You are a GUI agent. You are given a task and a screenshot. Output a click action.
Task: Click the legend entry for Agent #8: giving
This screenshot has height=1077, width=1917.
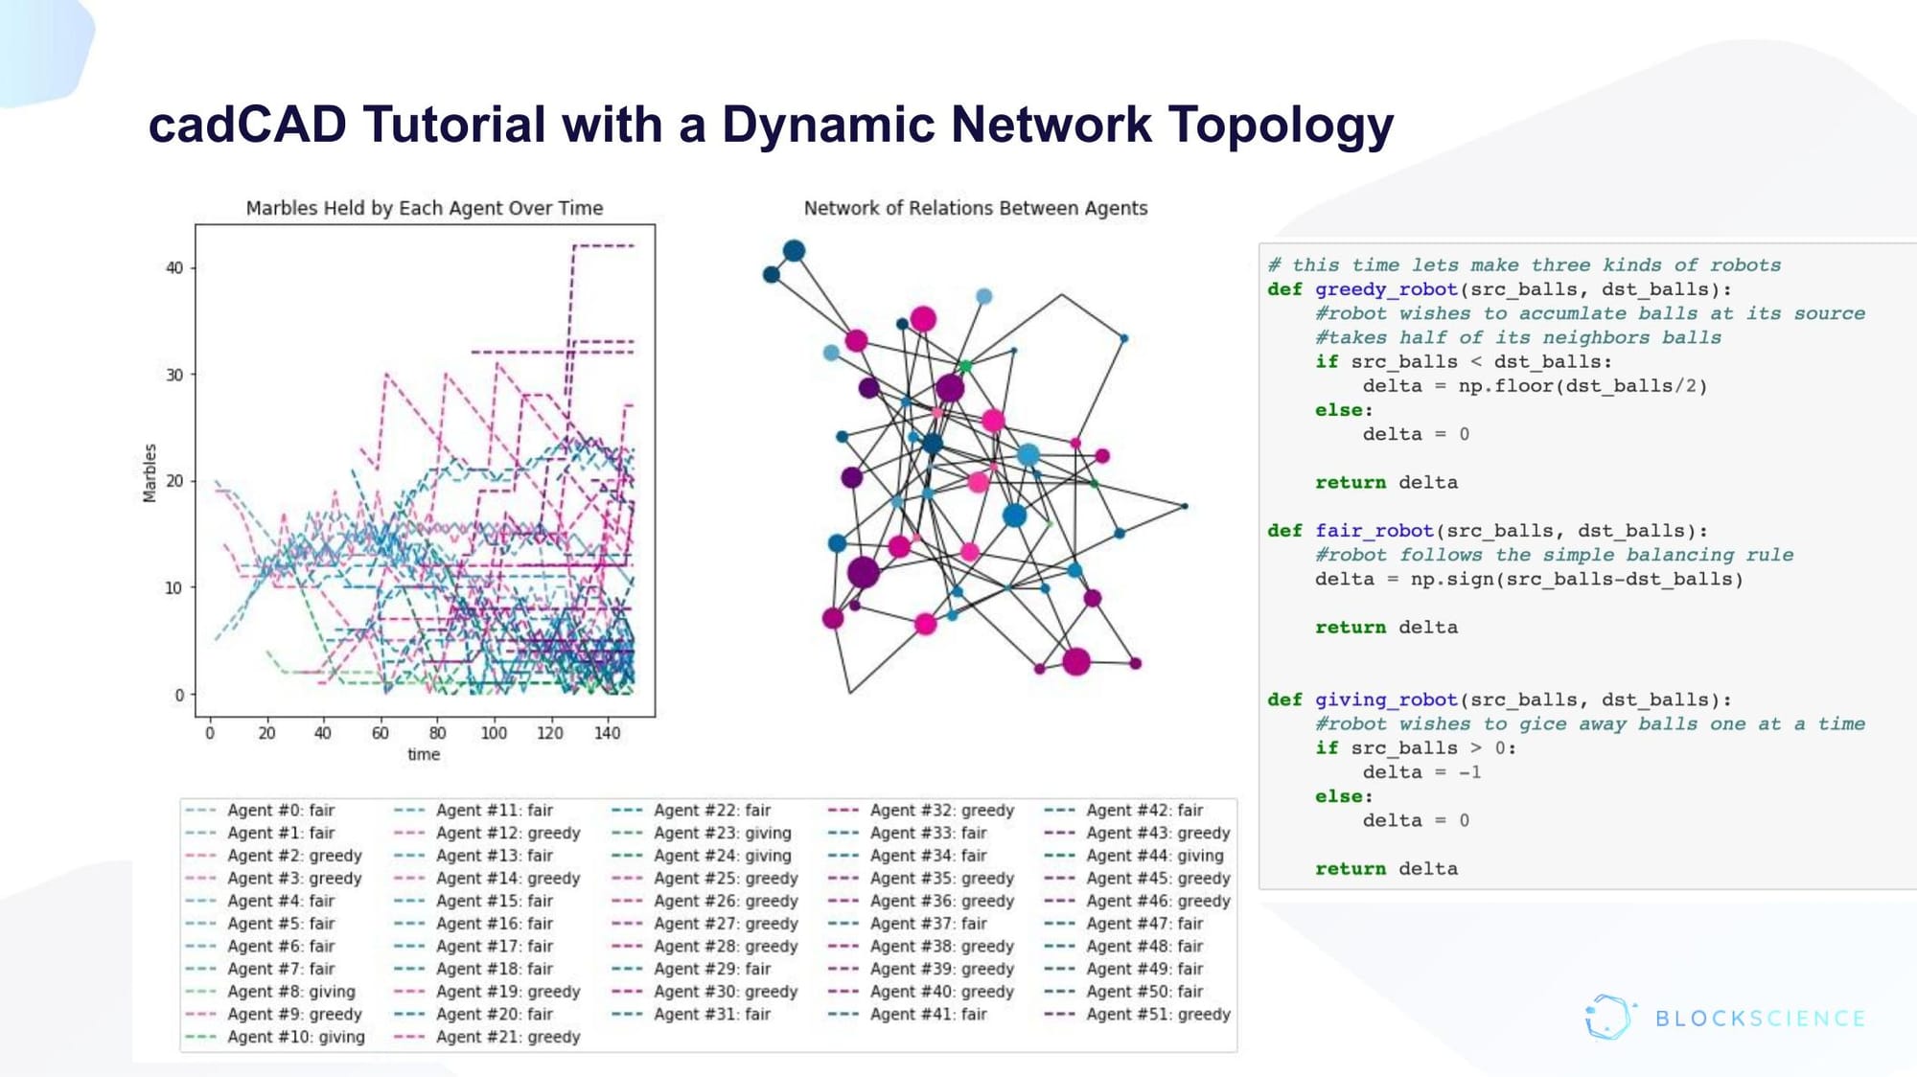pyautogui.click(x=290, y=992)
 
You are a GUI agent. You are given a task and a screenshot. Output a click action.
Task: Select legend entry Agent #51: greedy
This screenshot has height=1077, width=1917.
pyautogui.click(x=1157, y=1014)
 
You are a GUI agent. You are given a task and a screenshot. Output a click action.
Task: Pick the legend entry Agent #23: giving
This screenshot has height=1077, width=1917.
pyautogui.click(x=722, y=833)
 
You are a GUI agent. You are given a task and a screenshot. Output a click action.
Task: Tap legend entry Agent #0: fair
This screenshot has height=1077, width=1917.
pyautogui.click(x=280, y=811)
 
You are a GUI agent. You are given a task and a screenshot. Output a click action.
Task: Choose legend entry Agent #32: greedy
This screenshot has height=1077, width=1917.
pyautogui.click(x=940, y=811)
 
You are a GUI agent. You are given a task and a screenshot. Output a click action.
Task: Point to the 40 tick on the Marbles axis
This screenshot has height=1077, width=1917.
pyautogui.click(x=174, y=268)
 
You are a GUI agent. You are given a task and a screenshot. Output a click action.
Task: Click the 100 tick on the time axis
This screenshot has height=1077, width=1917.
pyautogui.click(x=494, y=733)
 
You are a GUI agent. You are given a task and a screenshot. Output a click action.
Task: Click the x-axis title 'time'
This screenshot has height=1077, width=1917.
pyautogui.click(x=424, y=754)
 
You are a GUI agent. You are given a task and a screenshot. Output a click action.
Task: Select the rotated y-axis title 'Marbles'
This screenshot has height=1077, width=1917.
pyautogui.click(x=150, y=472)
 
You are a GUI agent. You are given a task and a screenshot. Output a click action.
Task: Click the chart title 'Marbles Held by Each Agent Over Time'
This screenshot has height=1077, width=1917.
pyautogui.click(x=425, y=208)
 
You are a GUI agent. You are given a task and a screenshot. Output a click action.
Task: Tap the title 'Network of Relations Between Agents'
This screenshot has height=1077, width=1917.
pyautogui.click(x=975, y=208)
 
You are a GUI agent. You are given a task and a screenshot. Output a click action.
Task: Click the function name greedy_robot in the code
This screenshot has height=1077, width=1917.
pyautogui.click(x=1385, y=289)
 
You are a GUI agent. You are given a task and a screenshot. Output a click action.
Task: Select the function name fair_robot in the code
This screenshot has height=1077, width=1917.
pyautogui.click(x=1374, y=531)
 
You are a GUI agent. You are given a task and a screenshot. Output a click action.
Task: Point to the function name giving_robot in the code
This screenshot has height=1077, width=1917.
pyautogui.click(x=1385, y=699)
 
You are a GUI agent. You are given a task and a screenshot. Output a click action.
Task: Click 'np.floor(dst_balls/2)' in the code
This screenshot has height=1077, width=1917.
pyautogui.click(x=1582, y=386)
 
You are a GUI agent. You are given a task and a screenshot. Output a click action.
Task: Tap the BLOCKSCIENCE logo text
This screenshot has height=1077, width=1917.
pyautogui.click(x=1760, y=1019)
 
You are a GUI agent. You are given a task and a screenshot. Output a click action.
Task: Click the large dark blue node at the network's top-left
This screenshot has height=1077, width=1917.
pyautogui.click(x=794, y=251)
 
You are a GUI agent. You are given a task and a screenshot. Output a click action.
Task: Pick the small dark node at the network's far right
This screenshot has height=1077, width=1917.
pyautogui.click(x=1185, y=506)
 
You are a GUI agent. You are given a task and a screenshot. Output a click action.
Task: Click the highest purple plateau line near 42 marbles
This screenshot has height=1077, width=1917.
pyautogui.click(x=604, y=246)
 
